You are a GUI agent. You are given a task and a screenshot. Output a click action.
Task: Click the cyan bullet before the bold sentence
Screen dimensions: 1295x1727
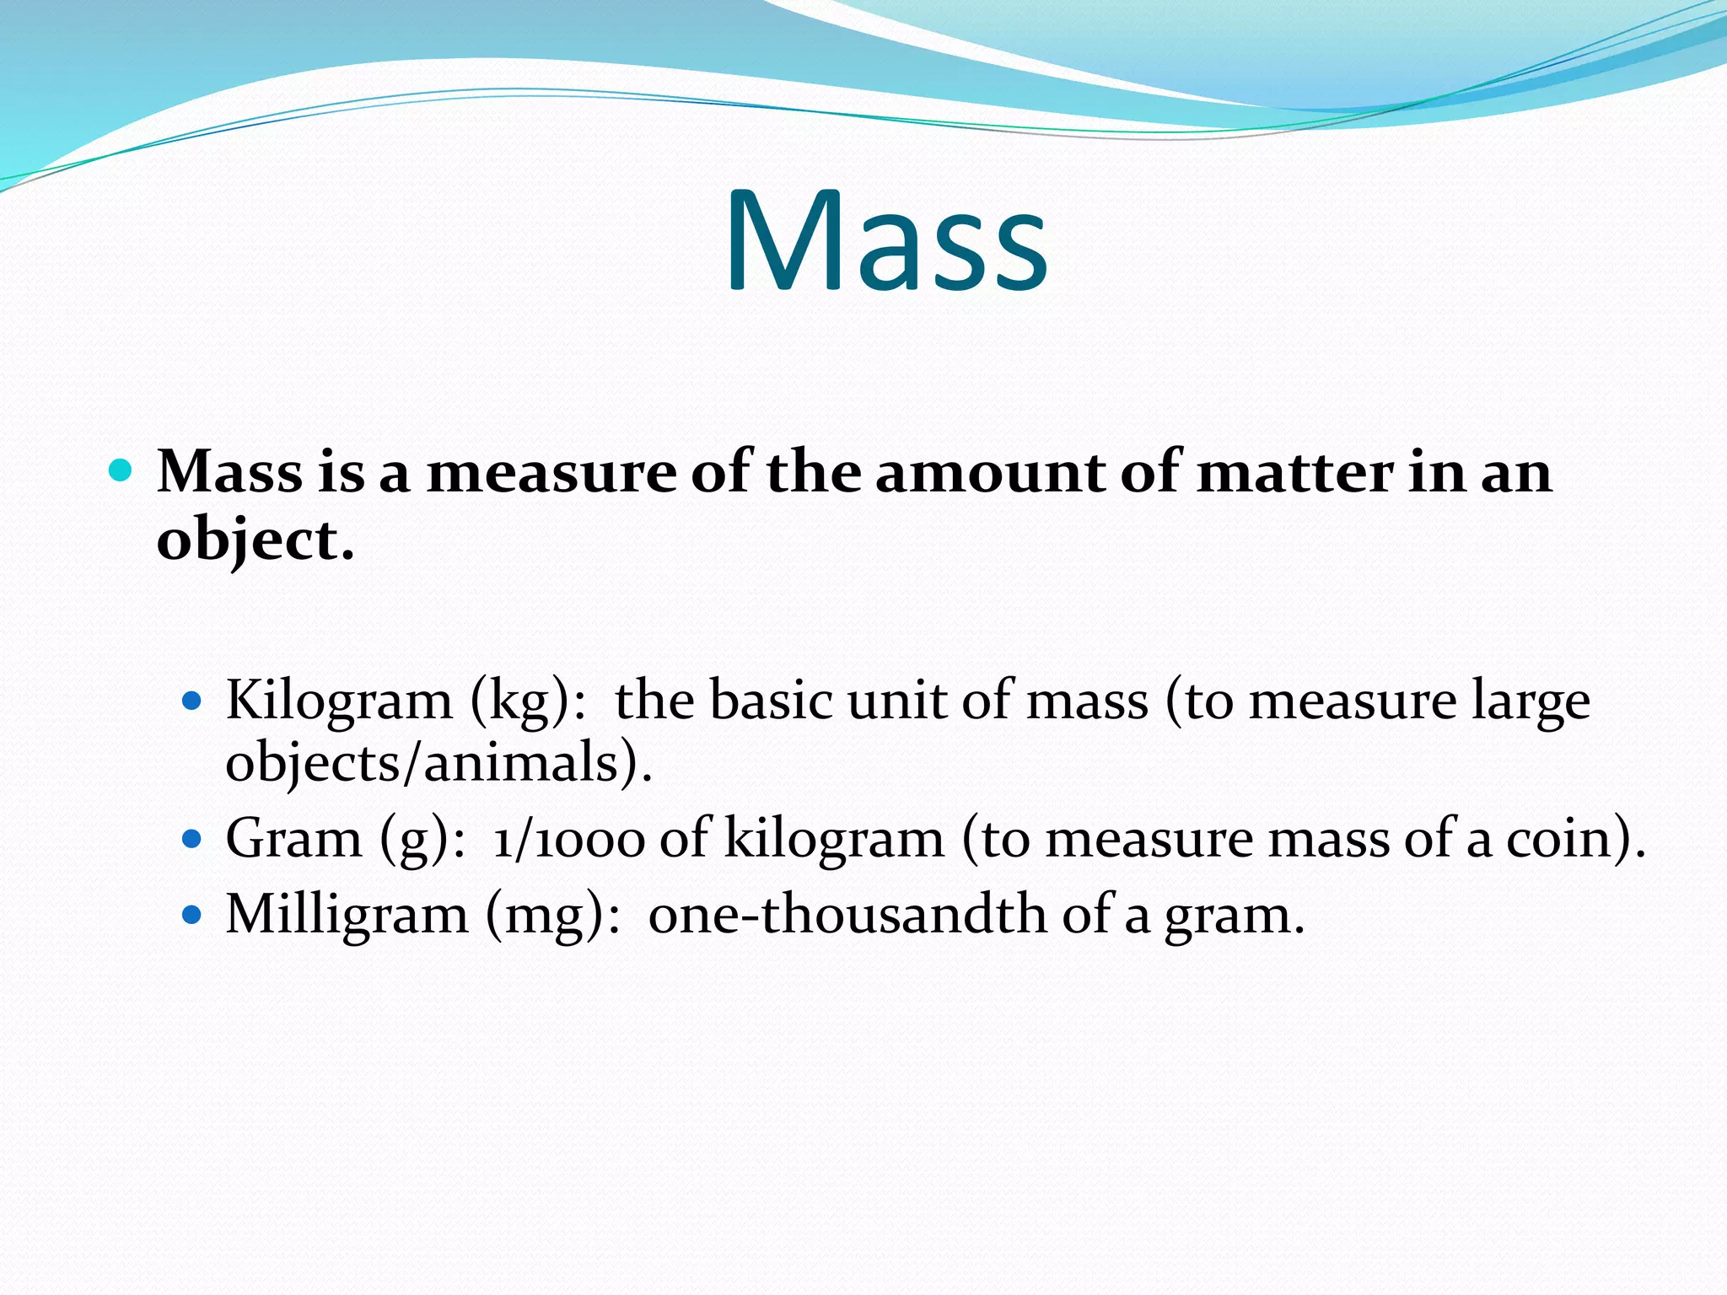pos(121,470)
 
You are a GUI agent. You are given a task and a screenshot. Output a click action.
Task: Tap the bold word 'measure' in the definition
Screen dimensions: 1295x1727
pos(551,472)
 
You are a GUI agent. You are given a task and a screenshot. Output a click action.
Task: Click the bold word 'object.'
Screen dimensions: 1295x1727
pos(255,541)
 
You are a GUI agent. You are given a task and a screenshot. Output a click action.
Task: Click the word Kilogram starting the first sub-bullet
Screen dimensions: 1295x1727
pos(339,701)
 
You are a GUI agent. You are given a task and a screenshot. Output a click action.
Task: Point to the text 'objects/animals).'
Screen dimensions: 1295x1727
pos(438,764)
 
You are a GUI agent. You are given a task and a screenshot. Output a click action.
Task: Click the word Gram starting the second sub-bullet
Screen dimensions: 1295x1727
pos(293,840)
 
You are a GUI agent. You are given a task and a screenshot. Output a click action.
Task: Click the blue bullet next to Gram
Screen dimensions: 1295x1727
pos(193,839)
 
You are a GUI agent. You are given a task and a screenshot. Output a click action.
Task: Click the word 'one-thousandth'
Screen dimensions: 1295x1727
pos(847,915)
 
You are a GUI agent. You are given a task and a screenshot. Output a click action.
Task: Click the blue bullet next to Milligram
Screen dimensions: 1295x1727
pos(193,915)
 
